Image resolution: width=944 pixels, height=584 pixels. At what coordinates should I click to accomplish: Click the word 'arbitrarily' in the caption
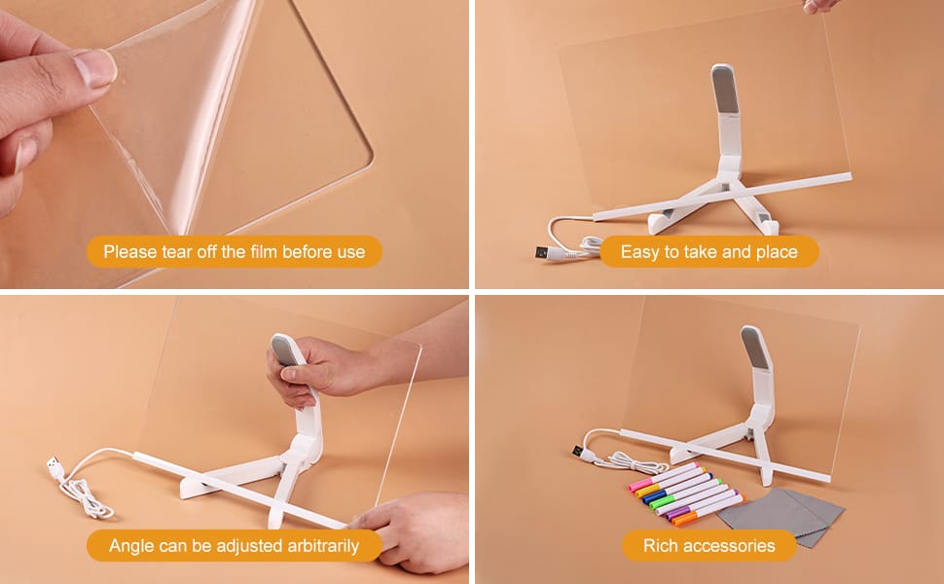click(x=323, y=546)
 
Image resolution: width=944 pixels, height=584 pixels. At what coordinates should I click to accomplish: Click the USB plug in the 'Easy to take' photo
click(x=542, y=252)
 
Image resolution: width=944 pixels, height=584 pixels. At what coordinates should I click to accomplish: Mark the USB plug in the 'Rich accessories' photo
click(x=579, y=451)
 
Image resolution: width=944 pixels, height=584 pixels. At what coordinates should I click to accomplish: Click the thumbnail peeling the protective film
click(x=95, y=68)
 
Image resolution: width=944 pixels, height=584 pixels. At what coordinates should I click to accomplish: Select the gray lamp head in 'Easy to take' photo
click(x=725, y=89)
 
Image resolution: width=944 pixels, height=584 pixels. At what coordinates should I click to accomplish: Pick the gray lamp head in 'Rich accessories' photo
click(x=756, y=348)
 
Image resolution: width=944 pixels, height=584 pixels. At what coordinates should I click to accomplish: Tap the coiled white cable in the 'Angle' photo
click(x=88, y=498)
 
